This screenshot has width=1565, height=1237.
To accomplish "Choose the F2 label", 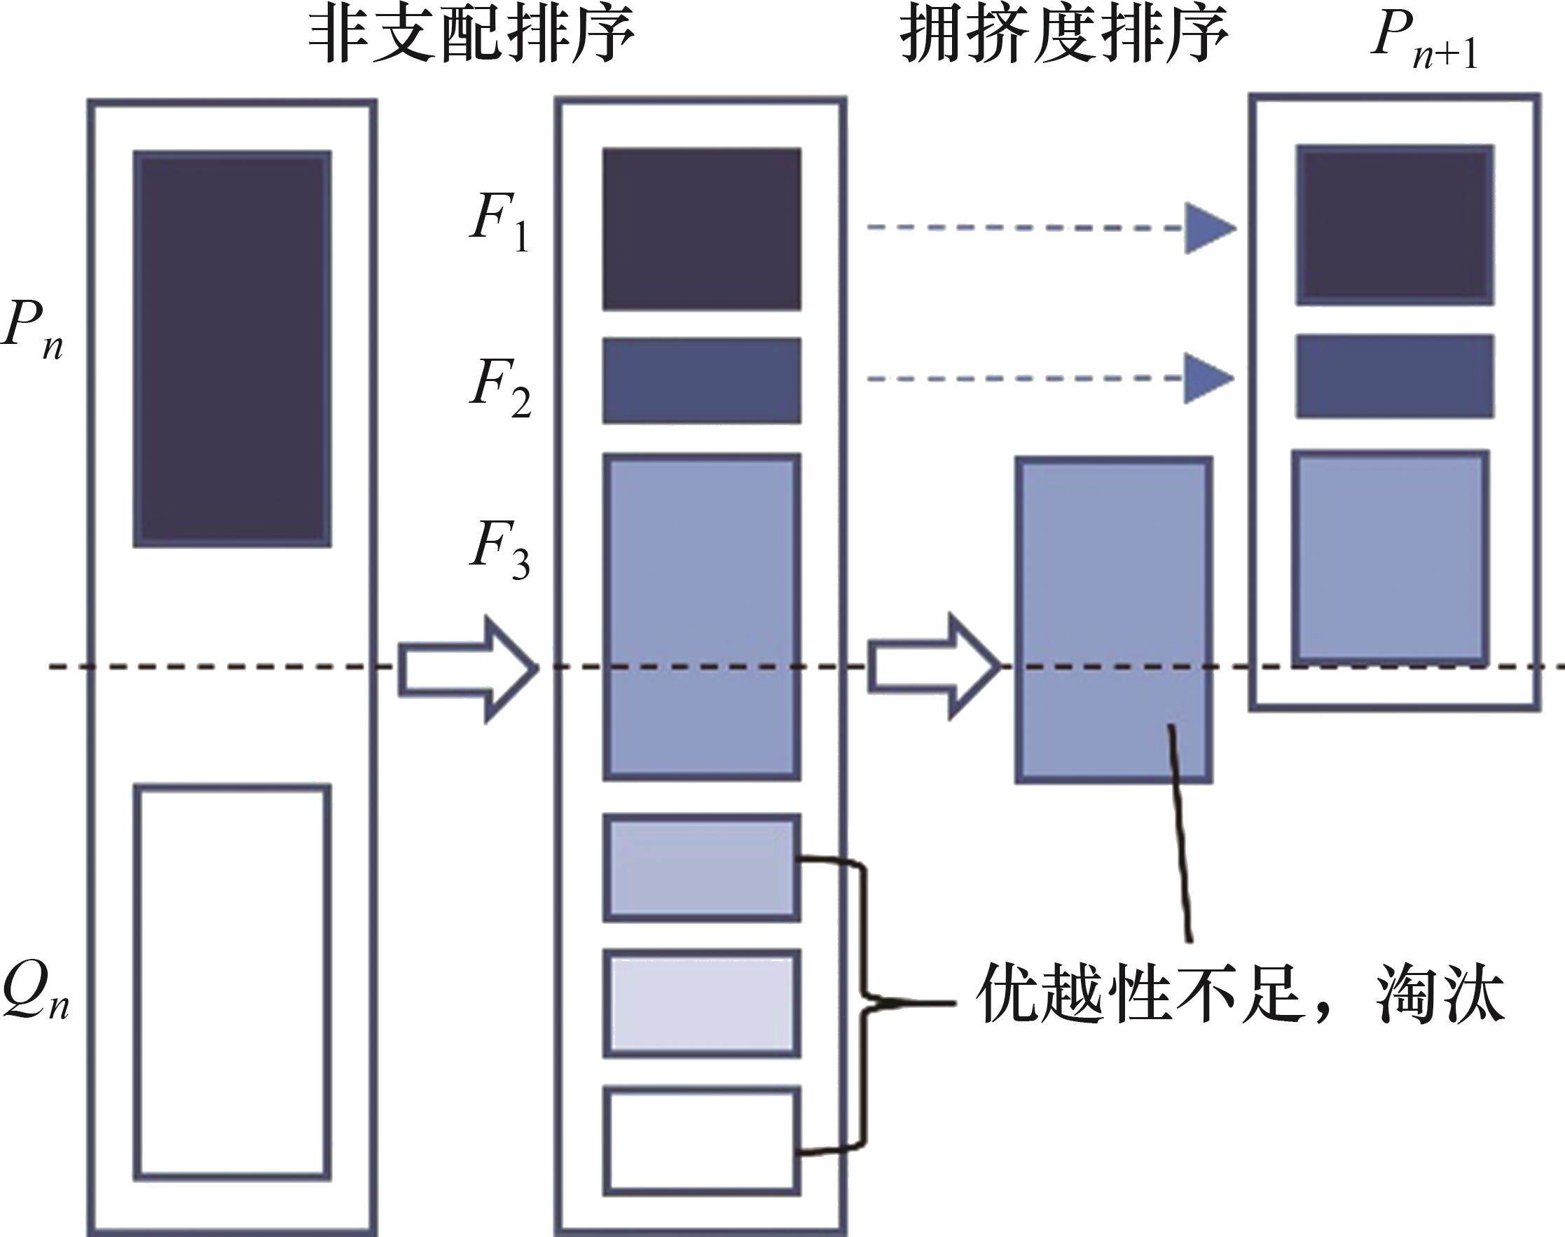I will tap(499, 387).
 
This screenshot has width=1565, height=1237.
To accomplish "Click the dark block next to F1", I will tap(701, 229).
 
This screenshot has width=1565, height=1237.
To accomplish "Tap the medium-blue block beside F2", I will tap(701, 380).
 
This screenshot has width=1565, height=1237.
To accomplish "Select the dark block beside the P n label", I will tap(232, 348).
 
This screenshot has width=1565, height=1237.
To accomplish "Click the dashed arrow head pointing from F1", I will tap(1207, 228).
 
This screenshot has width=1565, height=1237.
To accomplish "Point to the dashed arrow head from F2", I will tap(1207, 378).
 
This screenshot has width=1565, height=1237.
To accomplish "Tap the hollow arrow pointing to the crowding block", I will tap(935, 666).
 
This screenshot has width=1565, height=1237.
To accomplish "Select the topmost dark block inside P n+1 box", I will tap(1394, 225).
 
